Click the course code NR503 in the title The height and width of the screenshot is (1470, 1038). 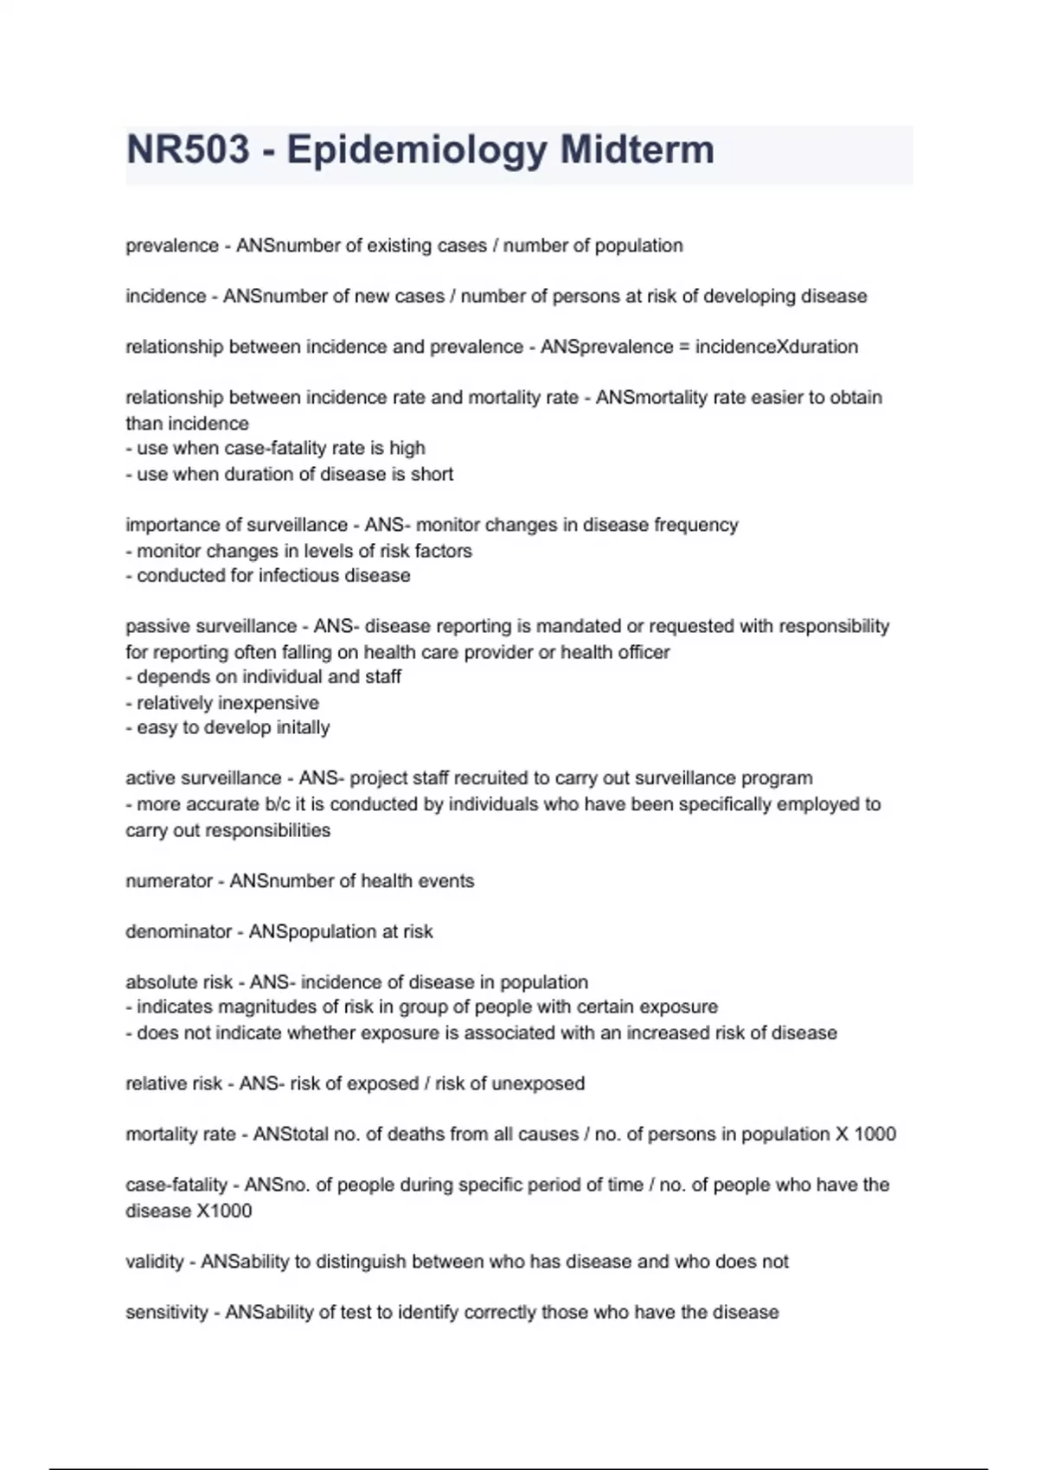tap(188, 150)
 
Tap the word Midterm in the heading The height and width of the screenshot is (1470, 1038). tap(637, 150)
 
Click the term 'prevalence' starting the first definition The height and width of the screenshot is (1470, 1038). tap(172, 246)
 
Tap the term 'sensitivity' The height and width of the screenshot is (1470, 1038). tap(167, 1313)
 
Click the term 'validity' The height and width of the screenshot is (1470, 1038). tap(155, 1262)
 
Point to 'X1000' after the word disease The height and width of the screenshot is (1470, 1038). tap(224, 1211)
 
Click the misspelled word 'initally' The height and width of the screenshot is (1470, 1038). tap(303, 728)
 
